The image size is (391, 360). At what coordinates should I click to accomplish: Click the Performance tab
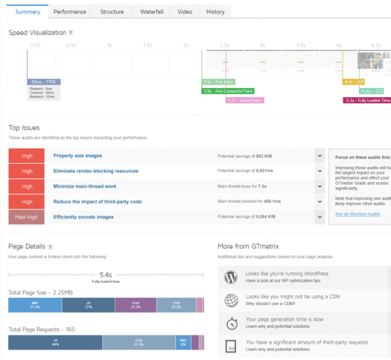tap(70, 12)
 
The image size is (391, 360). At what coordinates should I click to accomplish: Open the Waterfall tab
tap(152, 12)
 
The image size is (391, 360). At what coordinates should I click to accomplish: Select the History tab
tap(215, 12)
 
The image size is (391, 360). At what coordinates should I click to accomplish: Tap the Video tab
tap(184, 12)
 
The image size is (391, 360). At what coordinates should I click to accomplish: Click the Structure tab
tap(112, 12)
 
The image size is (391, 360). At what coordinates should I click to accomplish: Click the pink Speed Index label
tap(244, 100)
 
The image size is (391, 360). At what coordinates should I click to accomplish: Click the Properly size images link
tap(78, 156)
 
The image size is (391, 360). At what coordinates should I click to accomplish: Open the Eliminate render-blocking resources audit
tap(96, 171)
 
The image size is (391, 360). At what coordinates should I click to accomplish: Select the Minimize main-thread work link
tap(85, 186)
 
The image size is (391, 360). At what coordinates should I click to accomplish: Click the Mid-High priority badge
tap(27, 217)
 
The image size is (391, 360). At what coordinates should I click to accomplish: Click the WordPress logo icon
tap(230, 278)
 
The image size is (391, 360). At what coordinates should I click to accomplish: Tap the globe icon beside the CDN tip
tap(230, 301)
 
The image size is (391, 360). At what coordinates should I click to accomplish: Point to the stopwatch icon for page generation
tap(230, 324)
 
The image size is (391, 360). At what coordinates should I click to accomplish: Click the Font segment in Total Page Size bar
tap(135, 305)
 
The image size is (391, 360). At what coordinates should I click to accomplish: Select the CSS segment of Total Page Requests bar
tap(139, 343)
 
